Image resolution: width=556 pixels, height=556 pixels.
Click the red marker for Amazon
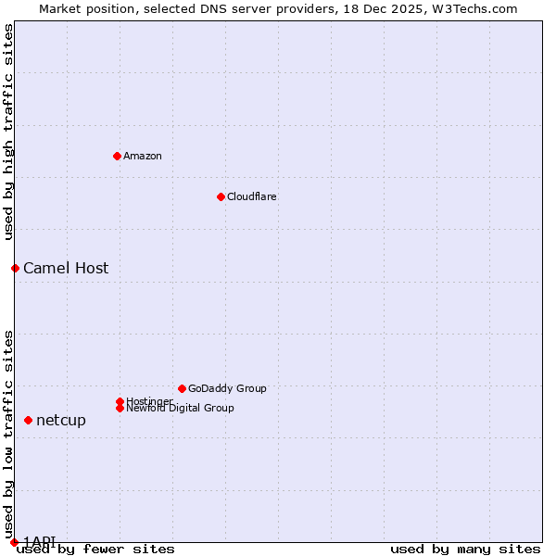[117, 156]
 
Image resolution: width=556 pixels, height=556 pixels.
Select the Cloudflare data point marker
[221, 196]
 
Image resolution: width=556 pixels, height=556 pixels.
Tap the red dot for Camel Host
[15, 268]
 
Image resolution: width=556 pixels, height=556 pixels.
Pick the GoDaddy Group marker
[182, 388]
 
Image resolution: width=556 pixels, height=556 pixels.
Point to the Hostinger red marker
[120, 401]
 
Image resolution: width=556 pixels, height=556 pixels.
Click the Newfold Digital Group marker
[120, 408]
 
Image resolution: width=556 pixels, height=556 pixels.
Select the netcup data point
[28, 420]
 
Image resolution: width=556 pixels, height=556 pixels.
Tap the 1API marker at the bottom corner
[14, 542]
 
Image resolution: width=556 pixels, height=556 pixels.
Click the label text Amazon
[142, 156]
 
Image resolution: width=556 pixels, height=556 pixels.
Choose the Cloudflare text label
[251, 196]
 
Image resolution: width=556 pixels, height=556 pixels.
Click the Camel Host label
[66, 269]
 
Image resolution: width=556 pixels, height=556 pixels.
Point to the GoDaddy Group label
[227, 388]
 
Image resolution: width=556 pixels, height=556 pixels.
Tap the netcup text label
[61, 421]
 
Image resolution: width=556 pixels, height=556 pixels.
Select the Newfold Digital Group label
[180, 408]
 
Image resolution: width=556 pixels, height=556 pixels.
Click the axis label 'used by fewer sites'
[95, 550]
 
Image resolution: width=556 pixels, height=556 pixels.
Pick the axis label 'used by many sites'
[465, 550]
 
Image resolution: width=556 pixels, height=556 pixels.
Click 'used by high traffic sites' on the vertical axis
[9, 132]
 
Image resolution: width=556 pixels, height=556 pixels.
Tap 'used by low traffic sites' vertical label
[9, 434]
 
